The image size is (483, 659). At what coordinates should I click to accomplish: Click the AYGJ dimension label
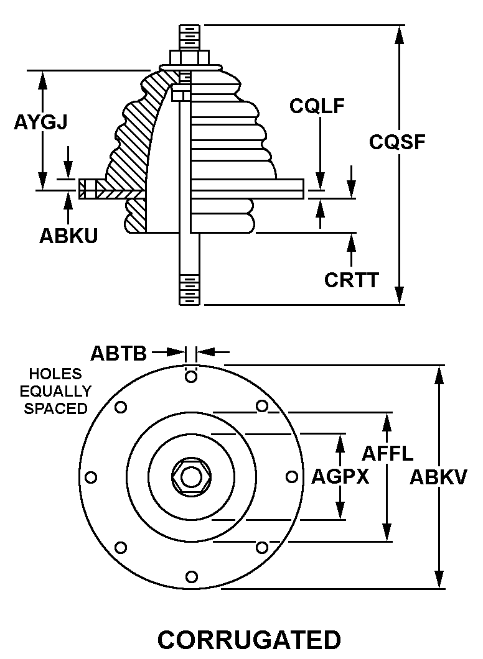click(x=40, y=122)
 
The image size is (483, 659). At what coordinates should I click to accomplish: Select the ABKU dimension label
click(x=68, y=236)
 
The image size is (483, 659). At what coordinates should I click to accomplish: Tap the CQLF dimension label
click(x=317, y=106)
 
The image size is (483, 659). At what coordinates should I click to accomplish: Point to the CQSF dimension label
click(x=397, y=142)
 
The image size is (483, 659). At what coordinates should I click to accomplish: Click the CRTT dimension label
click(x=351, y=280)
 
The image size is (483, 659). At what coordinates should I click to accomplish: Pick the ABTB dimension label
click(x=118, y=353)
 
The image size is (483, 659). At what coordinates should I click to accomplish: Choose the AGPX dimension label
click(x=340, y=477)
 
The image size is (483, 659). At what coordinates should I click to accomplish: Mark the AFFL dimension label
click(x=387, y=453)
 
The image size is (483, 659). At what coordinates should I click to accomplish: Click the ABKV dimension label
click(x=439, y=477)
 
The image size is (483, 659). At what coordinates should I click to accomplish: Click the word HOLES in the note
click(x=55, y=374)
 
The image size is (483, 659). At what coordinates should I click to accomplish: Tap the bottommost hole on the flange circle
click(x=192, y=576)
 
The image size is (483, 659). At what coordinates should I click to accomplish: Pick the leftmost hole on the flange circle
click(x=91, y=477)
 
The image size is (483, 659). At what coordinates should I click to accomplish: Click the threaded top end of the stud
click(x=189, y=37)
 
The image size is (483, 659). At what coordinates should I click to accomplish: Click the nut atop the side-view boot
click(x=189, y=58)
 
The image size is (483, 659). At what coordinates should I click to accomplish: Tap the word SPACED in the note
click(x=55, y=409)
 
